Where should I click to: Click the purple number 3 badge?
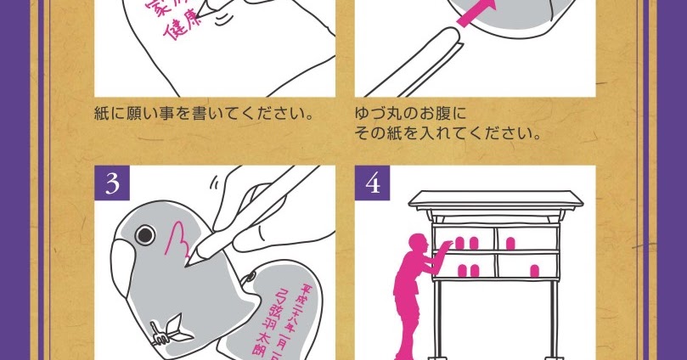point(111,184)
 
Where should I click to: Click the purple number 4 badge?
point(372,184)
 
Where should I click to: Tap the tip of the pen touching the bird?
point(194,256)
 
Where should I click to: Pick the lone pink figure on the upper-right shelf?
point(511,243)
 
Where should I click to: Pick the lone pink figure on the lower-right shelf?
point(534,273)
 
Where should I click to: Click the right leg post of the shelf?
point(554,323)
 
